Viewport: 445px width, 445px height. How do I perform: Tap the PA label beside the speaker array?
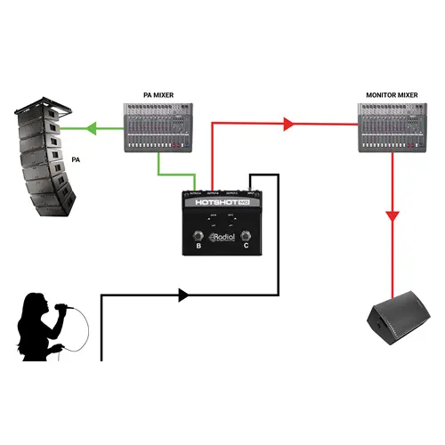(78, 161)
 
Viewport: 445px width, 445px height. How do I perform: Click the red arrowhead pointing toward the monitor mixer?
(287, 125)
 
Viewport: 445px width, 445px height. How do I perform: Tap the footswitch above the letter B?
(193, 238)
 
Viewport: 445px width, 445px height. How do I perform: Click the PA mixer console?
(158, 125)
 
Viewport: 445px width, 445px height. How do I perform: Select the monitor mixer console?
(394, 125)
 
